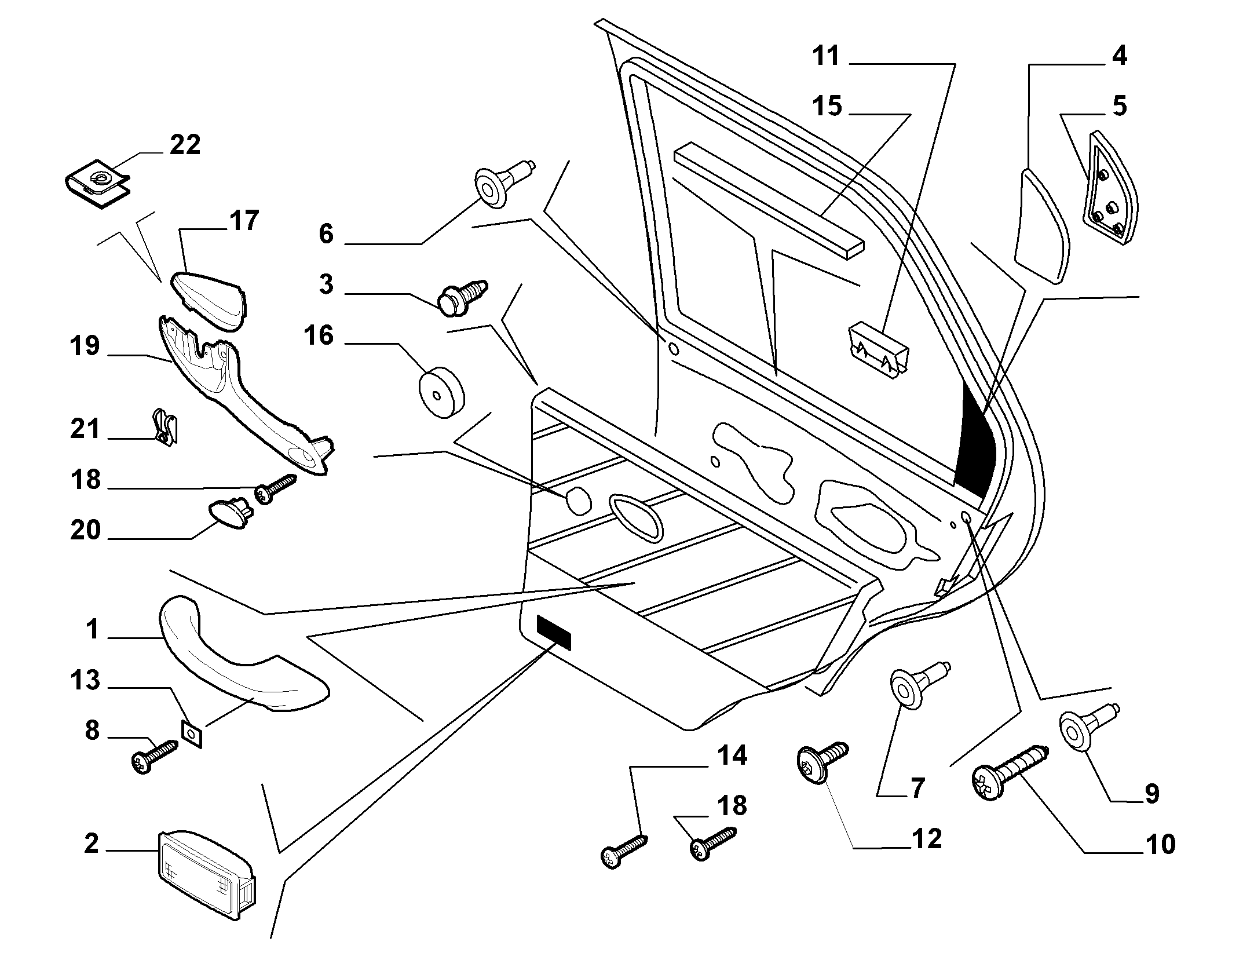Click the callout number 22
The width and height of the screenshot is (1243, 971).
[x=185, y=144]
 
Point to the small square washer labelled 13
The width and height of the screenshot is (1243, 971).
[x=192, y=735]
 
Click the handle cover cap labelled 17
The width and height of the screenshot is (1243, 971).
[x=210, y=302]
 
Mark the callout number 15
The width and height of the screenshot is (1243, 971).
[x=827, y=107]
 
